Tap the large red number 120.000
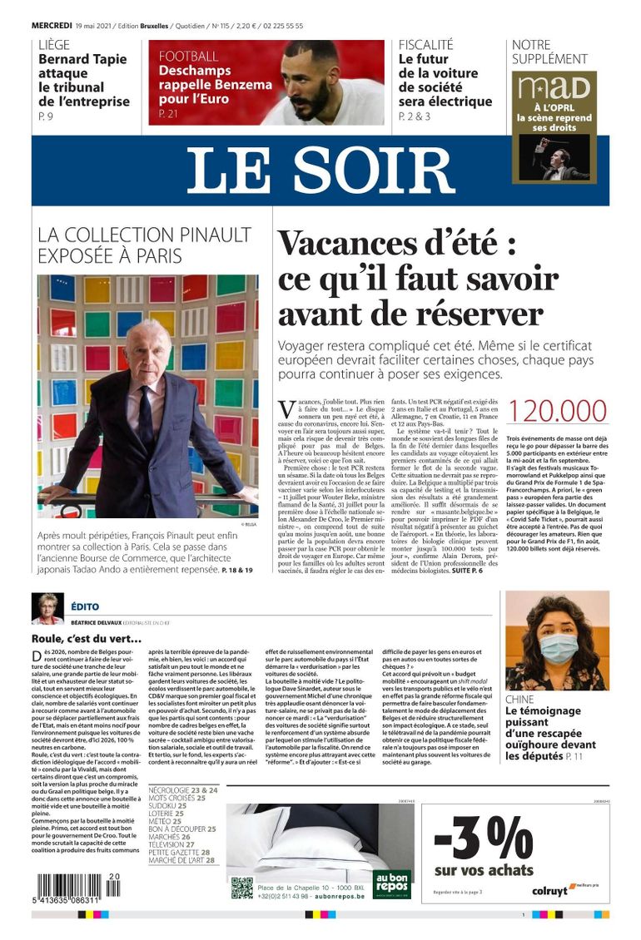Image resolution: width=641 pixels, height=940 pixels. click(557, 412)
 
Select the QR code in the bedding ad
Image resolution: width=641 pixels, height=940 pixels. click(241, 888)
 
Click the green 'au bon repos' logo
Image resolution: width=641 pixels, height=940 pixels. click(392, 883)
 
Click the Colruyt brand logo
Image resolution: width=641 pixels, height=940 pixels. click(550, 890)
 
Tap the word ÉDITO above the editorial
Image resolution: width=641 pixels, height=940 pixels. click(84, 607)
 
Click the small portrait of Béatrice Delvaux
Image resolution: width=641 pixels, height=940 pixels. click(47, 608)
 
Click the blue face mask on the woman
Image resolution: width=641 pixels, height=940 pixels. click(558, 646)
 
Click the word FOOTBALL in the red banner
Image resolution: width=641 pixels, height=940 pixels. click(189, 57)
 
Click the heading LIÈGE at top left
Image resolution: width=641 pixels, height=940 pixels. click(54, 45)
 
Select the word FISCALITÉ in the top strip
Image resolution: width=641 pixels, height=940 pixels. click(425, 45)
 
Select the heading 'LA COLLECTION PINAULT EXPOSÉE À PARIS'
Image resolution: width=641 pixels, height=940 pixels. click(144, 245)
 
